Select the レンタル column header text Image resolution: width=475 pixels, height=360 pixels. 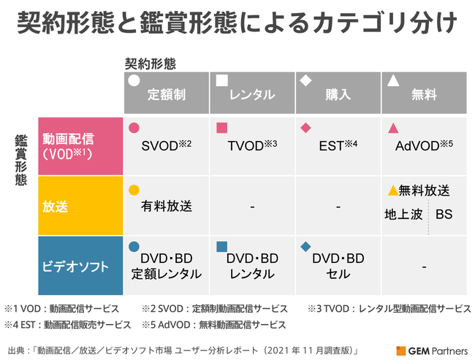(251, 95)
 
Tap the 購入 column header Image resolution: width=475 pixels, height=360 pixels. (338, 95)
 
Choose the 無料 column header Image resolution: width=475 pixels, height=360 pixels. (425, 95)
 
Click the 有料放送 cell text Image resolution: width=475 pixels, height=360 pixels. (167, 207)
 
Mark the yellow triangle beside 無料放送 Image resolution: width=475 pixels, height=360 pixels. (392, 191)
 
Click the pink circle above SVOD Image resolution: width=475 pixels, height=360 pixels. (134, 128)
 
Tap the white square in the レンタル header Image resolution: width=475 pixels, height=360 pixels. (222, 80)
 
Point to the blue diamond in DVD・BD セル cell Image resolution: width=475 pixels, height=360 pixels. (306, 246)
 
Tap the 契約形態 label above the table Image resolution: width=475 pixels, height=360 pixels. (150, 64)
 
